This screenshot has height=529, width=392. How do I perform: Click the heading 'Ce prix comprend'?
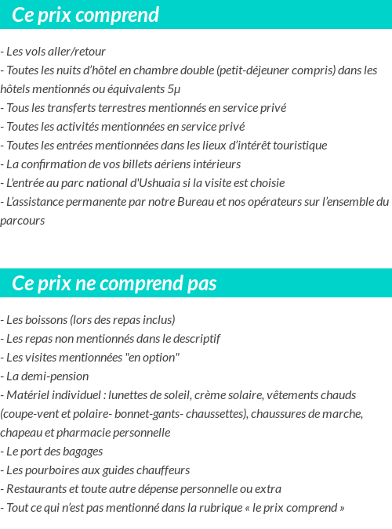pyautogui.click(x=85, y=15)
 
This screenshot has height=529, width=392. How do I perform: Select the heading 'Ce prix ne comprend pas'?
pyautogui.click(x=114, y=282)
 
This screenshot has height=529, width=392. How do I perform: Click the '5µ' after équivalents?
pyautogui.click(x=173, y=89)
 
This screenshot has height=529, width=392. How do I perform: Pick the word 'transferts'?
pyautogui.click(x=77, y=108)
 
